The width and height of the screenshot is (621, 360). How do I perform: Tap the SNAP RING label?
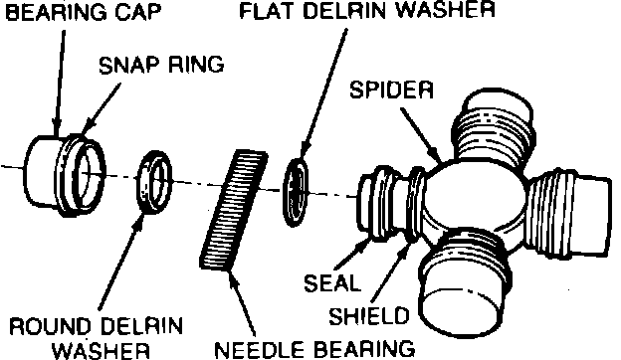(x=161, y=65)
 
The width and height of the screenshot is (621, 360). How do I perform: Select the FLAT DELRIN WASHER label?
(x=367, y=10)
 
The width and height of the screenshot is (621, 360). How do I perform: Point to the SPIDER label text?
(x=392, y=90)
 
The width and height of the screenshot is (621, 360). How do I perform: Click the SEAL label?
(x=331, y=283)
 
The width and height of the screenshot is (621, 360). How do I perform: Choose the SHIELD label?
(x=369, y=315)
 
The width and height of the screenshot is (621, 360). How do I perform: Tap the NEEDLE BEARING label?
(x=314, y=349)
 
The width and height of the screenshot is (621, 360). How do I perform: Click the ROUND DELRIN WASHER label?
(x=97, y=338)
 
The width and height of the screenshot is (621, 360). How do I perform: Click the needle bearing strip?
(x=233, y=211)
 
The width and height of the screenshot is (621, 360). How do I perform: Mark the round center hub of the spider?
(x=474, y=195)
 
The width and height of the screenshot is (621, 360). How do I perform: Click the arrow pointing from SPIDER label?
(x=421, y=134)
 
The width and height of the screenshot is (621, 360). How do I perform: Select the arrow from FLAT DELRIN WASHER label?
(x=324, y=95)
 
